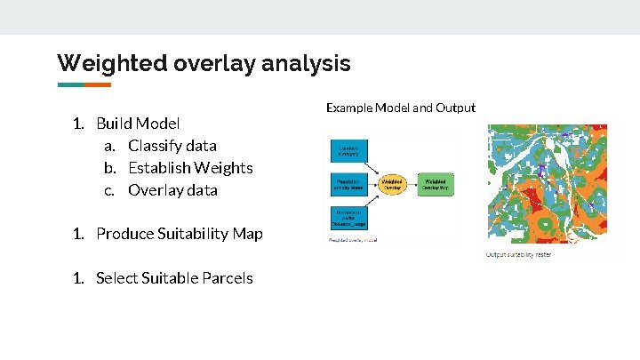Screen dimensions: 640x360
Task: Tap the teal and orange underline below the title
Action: click(84, 85)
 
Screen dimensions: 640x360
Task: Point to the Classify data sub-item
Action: click(172, 145)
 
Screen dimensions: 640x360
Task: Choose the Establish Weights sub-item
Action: click(190, 167)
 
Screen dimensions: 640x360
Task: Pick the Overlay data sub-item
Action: click(172, 189)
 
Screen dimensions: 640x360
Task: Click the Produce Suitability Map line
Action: click(179, 234)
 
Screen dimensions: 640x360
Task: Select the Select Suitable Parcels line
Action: click(173, 278)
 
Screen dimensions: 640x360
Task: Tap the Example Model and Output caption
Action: click(400, 108)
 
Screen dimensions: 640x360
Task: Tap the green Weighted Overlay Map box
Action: click(436, 185)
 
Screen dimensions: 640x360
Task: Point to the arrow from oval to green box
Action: click(415, 185)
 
